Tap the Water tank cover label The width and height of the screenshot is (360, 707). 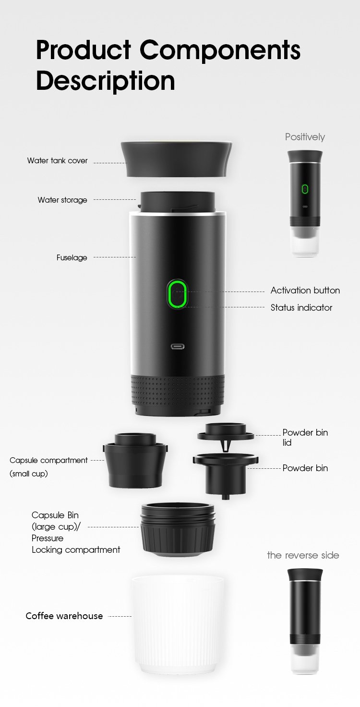(x=57, y=160)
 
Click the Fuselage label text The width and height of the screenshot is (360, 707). (x=72, y=257)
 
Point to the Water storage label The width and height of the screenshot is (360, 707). (x=62, y=200)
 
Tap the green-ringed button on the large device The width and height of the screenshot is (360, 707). (x=177, y=294)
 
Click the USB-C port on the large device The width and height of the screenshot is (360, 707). (x=178, y=346)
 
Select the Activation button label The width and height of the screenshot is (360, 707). (x=305, y=290)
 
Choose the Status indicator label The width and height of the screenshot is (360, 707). (x=301, y=307)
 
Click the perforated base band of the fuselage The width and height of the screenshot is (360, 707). (x=178, y=391)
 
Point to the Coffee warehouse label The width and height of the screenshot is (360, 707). (x=64, y=616)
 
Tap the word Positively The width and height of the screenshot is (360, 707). (x=305, y=137)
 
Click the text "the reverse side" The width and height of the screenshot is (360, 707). (x=303, y=555)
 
